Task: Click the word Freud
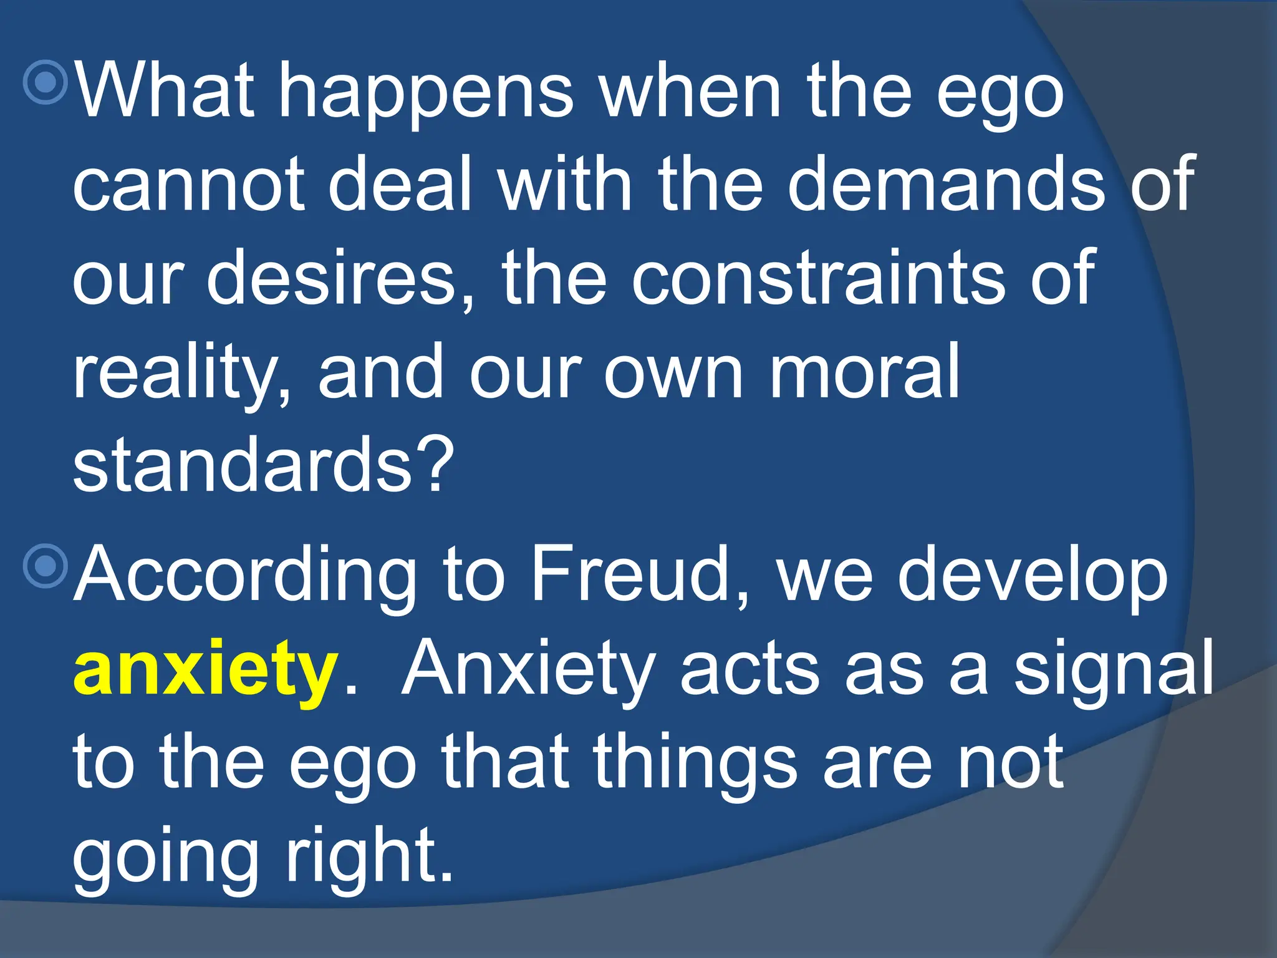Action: coord(630,574)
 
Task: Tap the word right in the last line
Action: coord(368,858)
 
